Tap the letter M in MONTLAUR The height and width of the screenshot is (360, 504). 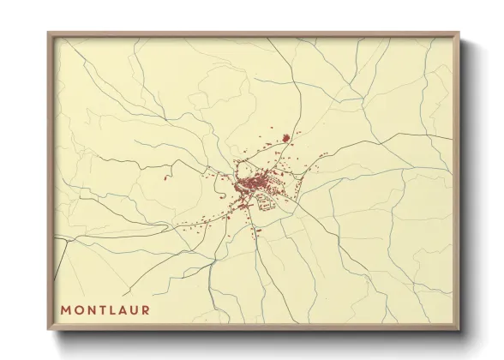65,309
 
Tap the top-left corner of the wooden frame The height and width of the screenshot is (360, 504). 49,33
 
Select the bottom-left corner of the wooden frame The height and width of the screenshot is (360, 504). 49,330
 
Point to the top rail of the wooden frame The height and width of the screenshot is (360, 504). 253,34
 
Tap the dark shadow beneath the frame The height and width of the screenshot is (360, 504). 257,337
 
